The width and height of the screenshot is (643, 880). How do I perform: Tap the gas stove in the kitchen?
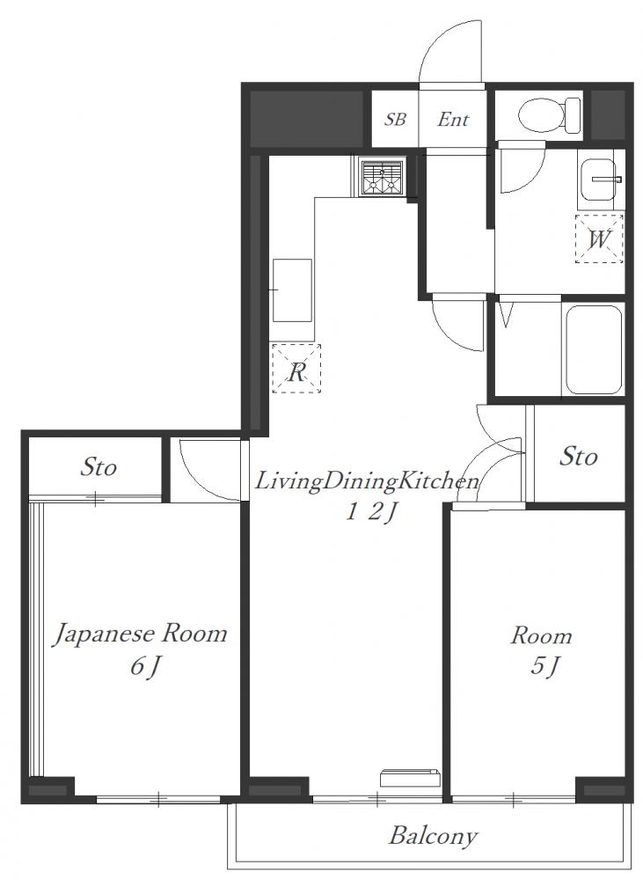point(383,178)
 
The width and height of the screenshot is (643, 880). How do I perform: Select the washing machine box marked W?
point(599,238)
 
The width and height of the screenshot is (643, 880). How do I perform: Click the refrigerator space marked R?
point(296,369)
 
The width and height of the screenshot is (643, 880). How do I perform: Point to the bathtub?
point(594,349)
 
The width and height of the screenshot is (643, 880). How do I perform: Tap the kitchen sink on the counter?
point(292,290)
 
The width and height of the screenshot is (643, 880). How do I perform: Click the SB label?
point(395,119)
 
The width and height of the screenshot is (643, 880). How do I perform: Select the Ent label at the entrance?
point(453,119)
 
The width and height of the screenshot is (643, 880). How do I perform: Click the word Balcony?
point(433,837)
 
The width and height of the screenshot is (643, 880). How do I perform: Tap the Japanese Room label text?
point(140,634)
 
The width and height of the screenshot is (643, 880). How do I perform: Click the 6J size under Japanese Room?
point(146,667)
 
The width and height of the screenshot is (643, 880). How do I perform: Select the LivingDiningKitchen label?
point(368,481)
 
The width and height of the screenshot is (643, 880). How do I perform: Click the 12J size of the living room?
point(371,512)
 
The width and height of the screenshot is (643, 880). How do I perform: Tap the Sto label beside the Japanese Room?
point(99,467)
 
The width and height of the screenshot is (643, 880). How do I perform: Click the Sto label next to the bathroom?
point(579,456)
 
